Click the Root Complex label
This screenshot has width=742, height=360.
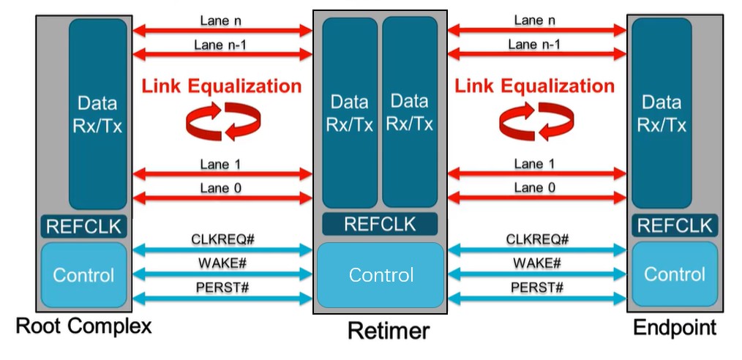coord(83,326)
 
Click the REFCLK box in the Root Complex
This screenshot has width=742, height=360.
coord(83,226)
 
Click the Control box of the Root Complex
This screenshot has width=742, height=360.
coord(83,275)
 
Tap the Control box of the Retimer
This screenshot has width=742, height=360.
coord(381,275)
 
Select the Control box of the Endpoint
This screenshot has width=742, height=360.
coord(675,274)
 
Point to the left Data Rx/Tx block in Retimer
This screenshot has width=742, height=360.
coord(350,113)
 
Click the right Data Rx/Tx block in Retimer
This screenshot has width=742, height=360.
coord(410,113)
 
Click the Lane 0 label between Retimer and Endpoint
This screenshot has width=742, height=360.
coord(534,188)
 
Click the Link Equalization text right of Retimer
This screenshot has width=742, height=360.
coord(535,86)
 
